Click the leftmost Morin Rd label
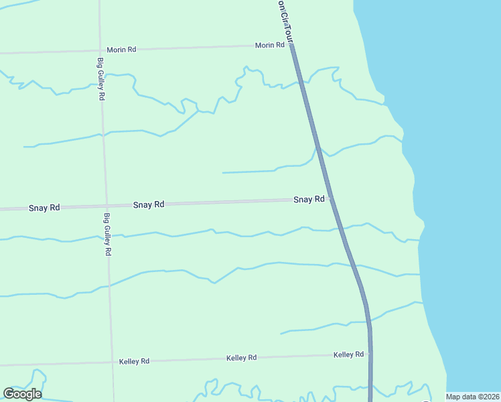(121, 50)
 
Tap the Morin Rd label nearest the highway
(269, 46)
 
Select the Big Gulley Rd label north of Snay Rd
(101, 78)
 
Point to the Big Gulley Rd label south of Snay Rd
(107, 234)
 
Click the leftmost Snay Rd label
(44, 208)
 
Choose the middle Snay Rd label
(149, 204)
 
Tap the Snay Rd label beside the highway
(309, 199)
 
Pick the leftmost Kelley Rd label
(134, 361)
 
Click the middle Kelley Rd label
(242, 358)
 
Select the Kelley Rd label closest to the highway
(348, 354)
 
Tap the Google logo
(22, 393)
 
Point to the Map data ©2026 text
(472, 397)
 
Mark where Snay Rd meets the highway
(330, 199)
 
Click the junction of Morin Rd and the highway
(292, 45)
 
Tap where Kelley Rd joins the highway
(370, 354)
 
